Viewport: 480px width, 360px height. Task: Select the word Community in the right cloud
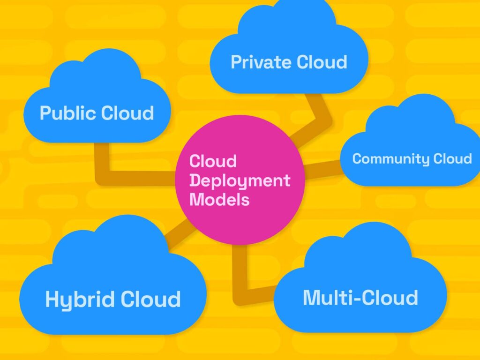coord(390,159)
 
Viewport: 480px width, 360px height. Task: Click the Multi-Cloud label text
coord(360,298)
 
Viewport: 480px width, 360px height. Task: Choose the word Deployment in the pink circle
coord(240,180)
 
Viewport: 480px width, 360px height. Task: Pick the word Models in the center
coord(219,199)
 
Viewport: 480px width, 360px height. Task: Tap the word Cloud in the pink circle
coord(213,162)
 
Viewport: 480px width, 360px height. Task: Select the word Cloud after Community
coord(452,159)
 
